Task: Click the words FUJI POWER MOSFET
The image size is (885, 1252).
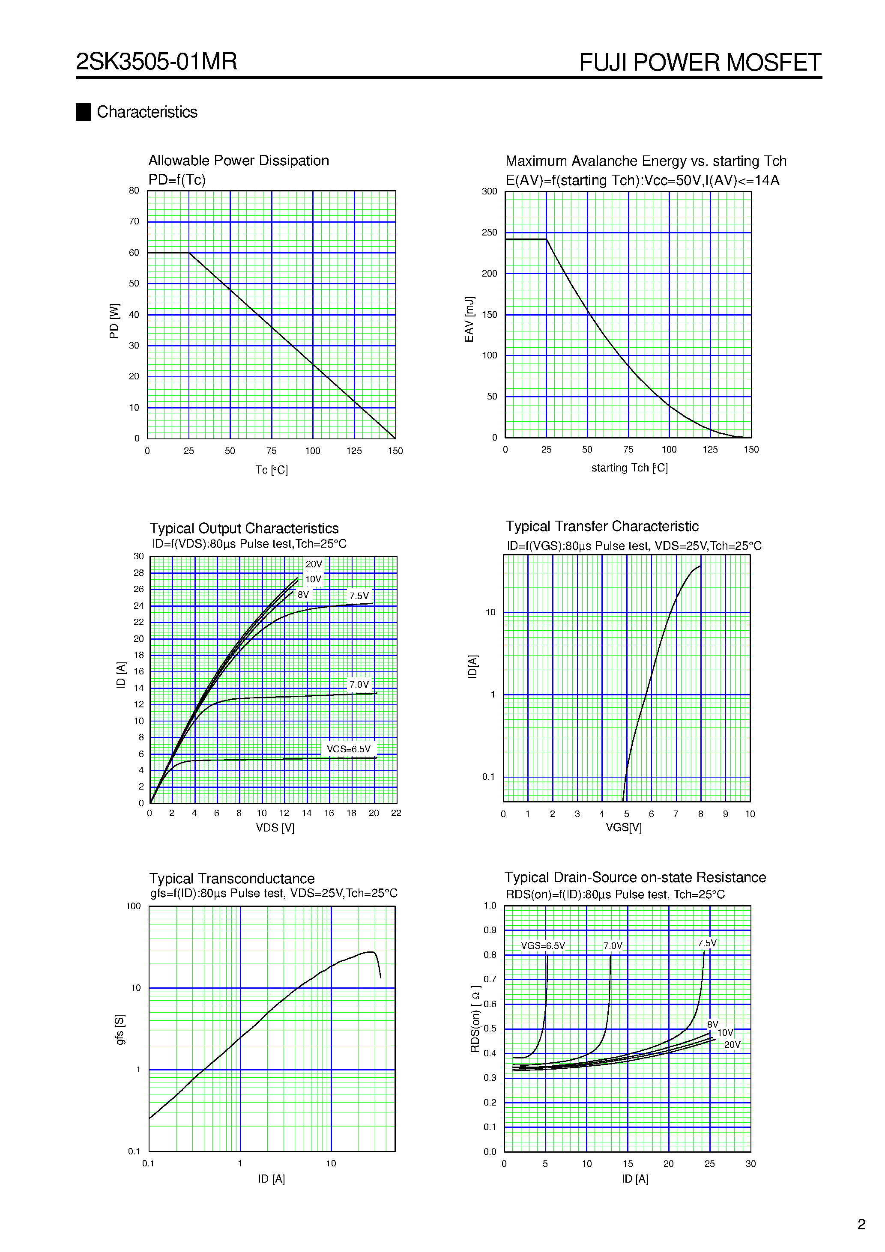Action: tap(700, 62)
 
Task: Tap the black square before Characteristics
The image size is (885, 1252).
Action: tap(83, 112)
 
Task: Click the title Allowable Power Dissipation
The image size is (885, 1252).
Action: tap(239, 160)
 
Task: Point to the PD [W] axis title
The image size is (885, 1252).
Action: tap(114, 321)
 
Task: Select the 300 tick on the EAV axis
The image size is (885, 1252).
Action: tap(490, 191)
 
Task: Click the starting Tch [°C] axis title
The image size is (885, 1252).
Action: tap(629, 468)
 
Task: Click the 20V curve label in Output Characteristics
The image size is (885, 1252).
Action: tap(314, 564)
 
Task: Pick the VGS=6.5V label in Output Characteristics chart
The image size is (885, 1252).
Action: tap(348, 749)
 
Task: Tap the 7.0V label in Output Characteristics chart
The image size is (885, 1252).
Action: tap(359, 684)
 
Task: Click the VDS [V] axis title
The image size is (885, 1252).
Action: tap(275, 828)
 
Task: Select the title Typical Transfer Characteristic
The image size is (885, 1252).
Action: tap(601, 526)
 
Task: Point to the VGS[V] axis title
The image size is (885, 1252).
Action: tap(624, 827)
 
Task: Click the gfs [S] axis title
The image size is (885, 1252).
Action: tap(120, 1029)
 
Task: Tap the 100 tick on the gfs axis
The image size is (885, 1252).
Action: tap(134, 906)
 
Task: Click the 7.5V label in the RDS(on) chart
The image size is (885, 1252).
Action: tap(707, 943)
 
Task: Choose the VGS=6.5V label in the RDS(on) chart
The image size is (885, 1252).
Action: tap(543, 945)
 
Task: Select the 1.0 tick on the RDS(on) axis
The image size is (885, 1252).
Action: tap(490, 906)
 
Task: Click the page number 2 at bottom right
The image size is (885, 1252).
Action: tap(861, 1225)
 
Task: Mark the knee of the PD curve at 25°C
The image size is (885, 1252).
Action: tap(189, 253)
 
